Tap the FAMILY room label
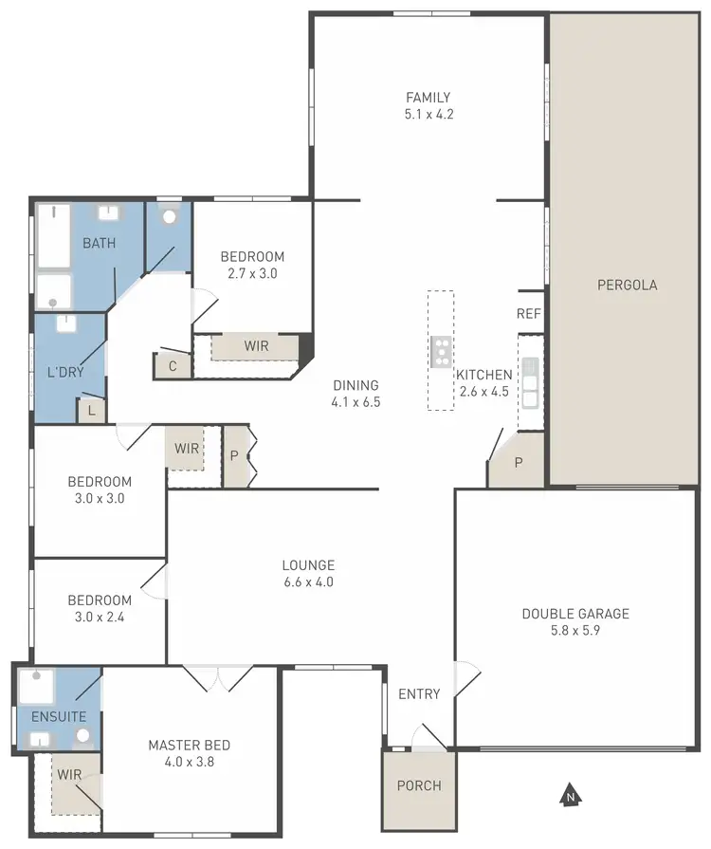point(428,98)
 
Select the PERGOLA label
point(627,285)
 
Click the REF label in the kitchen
point(528,314)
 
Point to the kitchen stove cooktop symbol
point(441,351)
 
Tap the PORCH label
point(418,785)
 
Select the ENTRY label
point(419,694)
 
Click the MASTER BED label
point(189,745)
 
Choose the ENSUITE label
point(58,717)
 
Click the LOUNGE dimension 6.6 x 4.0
point(308,582)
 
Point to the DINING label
point(355,385)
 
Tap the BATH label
point(99,244)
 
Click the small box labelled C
point(173,365)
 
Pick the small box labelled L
point(92,411)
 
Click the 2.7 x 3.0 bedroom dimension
point(252,273)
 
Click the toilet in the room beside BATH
point(169,215)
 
